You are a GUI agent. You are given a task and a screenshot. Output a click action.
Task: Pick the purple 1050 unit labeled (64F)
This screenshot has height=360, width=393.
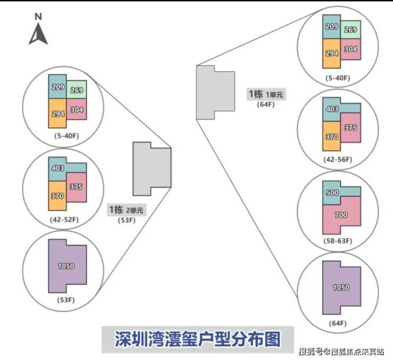[340, 287]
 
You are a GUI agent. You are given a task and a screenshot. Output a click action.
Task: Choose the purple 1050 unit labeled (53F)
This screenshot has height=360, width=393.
[67, 266]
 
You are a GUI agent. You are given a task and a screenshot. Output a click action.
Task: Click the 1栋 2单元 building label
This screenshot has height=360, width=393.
[126, 210]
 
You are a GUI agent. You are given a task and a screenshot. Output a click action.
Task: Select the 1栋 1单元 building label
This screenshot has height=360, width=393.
[266, 95]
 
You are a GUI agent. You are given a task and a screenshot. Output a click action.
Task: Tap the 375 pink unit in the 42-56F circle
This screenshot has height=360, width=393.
[350, 127]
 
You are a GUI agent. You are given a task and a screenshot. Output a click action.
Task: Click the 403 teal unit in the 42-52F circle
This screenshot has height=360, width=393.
[58, 168]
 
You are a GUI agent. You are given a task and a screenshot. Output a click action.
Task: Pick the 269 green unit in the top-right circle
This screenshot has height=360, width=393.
[351, 30]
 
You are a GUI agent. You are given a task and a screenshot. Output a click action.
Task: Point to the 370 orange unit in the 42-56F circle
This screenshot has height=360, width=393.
[332, 136]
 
